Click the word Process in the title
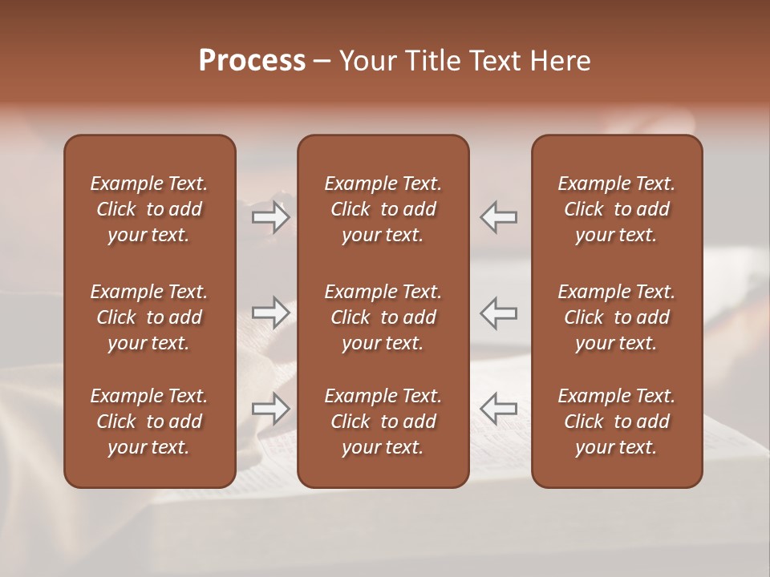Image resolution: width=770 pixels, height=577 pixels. tap(252, 61)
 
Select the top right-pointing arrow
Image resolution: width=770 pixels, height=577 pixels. tap(270, 217)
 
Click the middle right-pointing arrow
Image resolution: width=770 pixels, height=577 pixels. tap(270, 312)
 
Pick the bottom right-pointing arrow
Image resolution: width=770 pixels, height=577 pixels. tap(270, 409)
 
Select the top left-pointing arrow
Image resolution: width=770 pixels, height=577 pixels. tap(499, 217)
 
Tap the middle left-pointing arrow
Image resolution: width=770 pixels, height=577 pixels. tap(499, 312)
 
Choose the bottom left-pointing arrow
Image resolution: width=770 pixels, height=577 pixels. tap(499, 409)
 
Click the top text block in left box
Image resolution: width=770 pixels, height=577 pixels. tap(149, 209)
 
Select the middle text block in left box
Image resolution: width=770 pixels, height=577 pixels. tap(149, 317)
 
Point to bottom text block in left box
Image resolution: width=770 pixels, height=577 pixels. tap(149, 422)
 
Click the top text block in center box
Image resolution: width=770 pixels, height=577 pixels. tap(383, 209)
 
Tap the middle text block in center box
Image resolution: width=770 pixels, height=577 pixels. tap(383, 317)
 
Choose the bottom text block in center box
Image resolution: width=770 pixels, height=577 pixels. tap(383, 422)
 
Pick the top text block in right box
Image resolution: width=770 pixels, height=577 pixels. tap(616, 209)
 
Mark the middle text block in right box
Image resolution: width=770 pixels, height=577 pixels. tap(616, 317)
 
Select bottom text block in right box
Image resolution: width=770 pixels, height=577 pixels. tap(616, 422)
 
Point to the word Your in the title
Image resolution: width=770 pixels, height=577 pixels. tap(367, 61)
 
